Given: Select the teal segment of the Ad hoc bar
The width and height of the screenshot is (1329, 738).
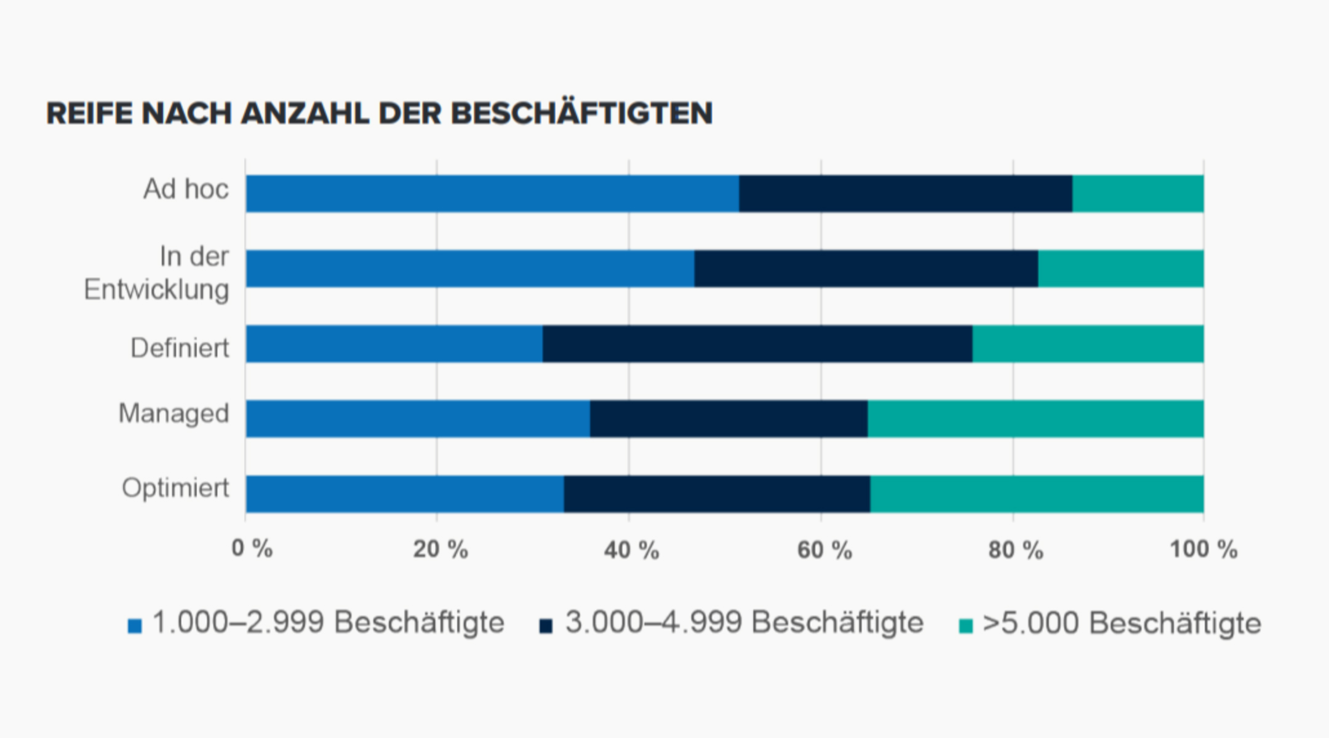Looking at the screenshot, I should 1138,194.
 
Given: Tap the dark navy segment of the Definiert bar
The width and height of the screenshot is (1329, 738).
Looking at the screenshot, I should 757,344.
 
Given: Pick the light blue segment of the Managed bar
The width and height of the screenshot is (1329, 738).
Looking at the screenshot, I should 418,419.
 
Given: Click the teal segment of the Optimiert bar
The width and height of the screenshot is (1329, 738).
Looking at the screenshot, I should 1037,494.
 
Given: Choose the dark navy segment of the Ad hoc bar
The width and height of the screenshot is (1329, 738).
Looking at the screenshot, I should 905,194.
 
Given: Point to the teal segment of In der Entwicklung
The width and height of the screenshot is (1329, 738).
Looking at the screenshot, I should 1120,269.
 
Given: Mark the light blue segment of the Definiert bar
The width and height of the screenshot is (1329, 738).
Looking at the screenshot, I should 394,344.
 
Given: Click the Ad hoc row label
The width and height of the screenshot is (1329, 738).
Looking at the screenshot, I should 186,189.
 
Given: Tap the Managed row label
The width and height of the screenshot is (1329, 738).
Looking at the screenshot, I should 174,414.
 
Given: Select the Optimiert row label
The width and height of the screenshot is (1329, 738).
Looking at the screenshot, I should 175,488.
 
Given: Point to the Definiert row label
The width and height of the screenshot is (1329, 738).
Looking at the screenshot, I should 180,348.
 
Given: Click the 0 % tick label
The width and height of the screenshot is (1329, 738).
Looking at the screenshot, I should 252,549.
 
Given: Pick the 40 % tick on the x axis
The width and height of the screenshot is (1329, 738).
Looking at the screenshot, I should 631,550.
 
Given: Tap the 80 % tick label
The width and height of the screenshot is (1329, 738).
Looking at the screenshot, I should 1015,550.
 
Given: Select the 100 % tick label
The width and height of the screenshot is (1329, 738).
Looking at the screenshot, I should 1203,549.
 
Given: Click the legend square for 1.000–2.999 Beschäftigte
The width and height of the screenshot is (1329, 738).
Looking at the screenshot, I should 135,626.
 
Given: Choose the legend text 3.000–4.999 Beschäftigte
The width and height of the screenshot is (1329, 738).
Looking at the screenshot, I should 744,622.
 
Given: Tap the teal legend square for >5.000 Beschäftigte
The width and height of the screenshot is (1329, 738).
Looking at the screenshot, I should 966,626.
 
